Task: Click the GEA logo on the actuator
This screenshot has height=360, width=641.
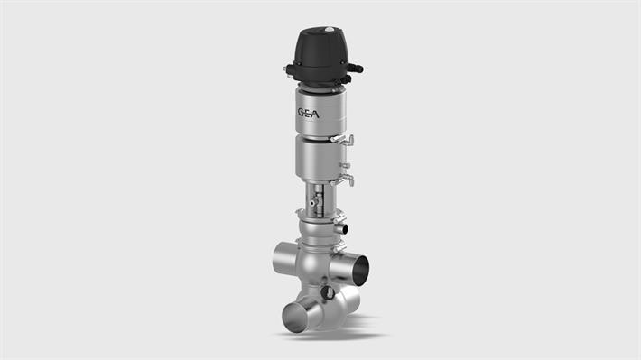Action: pyautogui.click(x=308, y=113)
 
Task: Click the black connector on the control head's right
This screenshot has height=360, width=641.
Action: pyautogui.click(x=355, y=68)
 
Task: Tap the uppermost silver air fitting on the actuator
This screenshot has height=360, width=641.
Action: pyautogui.click(x=343, y=140)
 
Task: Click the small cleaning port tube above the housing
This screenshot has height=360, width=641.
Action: pyautogui.click(x=339, y=228)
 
